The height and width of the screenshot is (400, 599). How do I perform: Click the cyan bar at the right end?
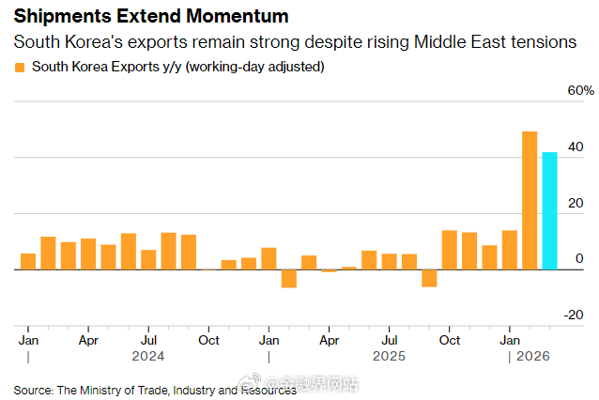[x=549, y=210]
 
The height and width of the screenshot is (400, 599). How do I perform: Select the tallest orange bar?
[x=530, y=200]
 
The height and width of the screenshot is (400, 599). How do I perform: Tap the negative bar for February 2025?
[x=288, y=278]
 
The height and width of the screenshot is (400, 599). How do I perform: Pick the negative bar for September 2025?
[x=429, y=277]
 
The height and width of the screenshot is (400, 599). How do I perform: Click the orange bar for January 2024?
[x=28, y=261]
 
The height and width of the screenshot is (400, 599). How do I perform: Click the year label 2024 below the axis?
[x=148, y=357]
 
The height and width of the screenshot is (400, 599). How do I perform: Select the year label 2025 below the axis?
[x=389, y=357]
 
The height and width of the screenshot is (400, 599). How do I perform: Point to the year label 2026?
[x=531, y=357]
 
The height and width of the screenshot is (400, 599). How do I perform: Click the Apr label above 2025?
[x=329, y=339]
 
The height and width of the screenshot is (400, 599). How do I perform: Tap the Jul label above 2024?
[x=148, y=339]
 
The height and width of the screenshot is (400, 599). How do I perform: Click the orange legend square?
[x=19, y=68]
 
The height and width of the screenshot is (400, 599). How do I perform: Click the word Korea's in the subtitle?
[x=108, y=42]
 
